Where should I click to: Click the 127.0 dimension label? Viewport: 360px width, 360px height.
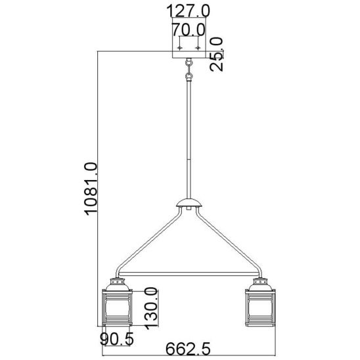click(x=188, y=11)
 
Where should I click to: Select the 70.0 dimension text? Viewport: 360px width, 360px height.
click(x=189, y=29)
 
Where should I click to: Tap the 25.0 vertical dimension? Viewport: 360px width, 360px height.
click(x=216, y=54)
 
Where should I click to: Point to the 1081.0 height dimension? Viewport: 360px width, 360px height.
click(x=91, y=189)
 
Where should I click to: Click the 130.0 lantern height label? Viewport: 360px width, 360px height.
click(x=151, y=308)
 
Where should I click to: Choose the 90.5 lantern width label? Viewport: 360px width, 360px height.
click(x=117, y=339)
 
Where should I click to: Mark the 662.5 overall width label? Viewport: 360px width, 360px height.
click(x=188, y=349)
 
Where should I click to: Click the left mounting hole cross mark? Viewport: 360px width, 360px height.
click(x=179, y=48)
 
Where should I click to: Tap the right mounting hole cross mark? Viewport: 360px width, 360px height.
click(x=198, y=48)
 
